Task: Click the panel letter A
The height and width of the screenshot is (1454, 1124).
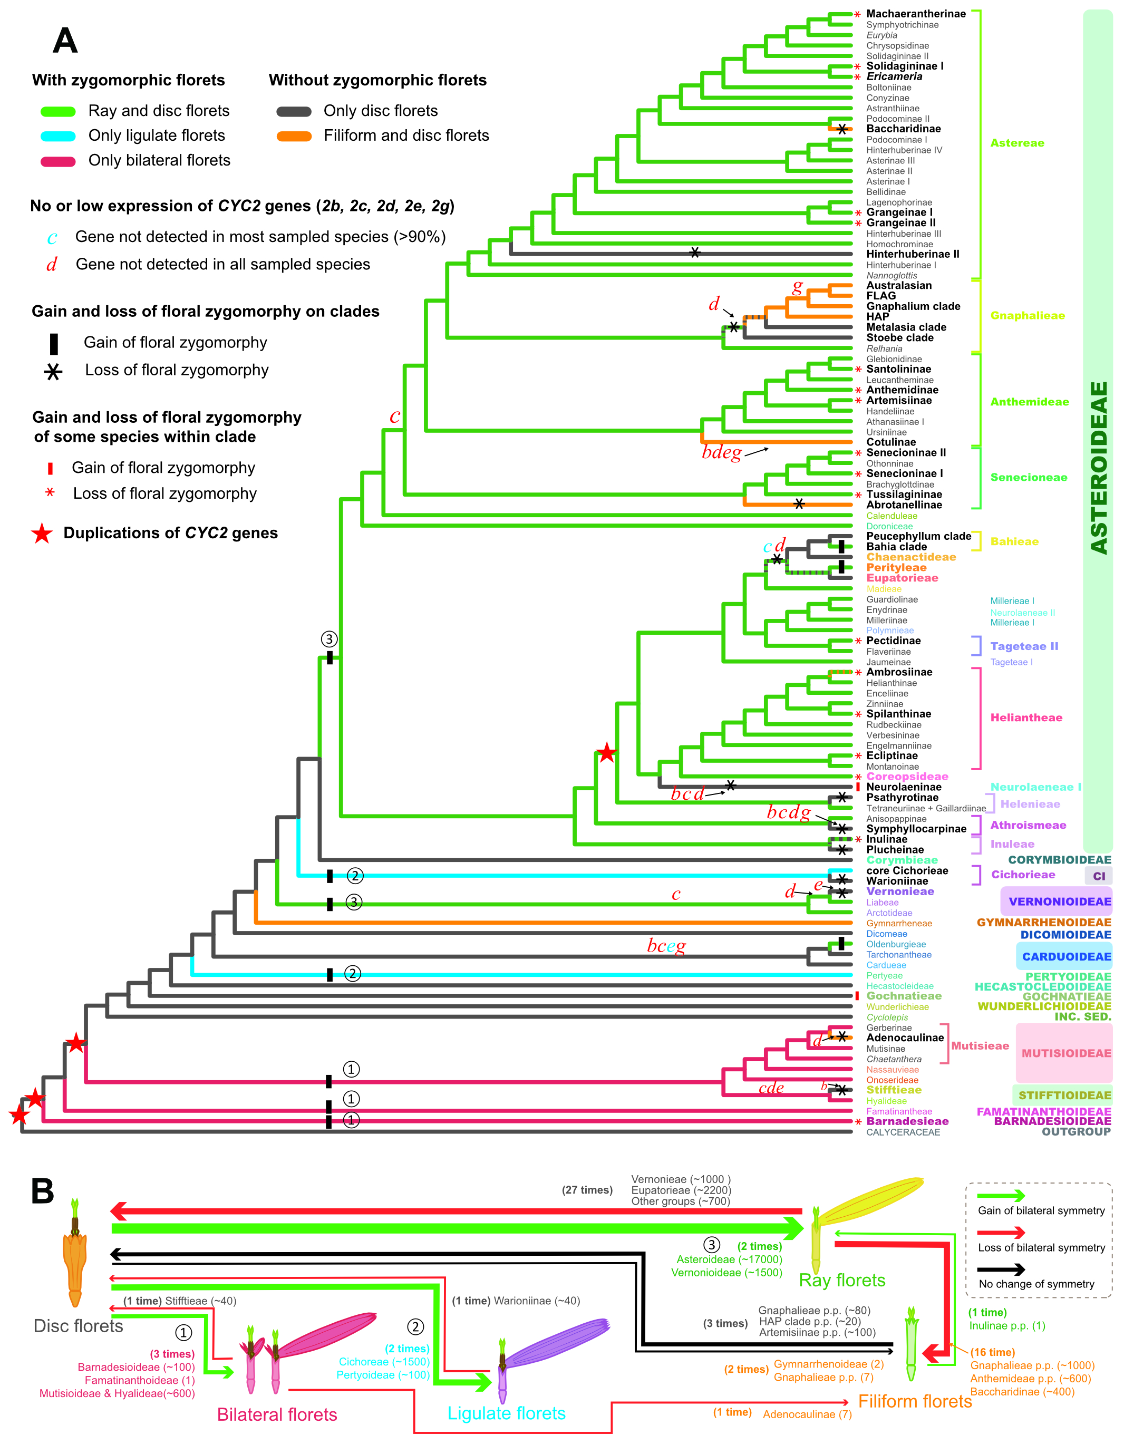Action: tap(65, 41)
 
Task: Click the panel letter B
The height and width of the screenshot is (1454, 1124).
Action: tap(43, 1191)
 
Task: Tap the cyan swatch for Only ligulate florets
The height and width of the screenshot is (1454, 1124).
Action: tap(58, 136)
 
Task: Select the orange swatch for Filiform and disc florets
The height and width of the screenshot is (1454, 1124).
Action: tap(294, 136)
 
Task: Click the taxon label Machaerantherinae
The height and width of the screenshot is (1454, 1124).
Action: tap(916, 14)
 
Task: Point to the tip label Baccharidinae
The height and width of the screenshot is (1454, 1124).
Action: tap(903, 129)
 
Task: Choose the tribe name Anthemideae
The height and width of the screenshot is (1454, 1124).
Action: tap(1029, 402)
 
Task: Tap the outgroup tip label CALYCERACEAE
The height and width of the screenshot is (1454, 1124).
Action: tap(903, 1132)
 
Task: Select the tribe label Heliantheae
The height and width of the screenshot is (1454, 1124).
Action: tap(1026, 718)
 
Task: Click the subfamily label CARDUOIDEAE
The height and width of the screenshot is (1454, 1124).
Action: tap(1066, 957)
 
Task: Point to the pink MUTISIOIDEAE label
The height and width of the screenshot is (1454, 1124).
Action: tap(1066, 1053)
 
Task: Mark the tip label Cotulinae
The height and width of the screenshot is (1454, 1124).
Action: tap(891, 442)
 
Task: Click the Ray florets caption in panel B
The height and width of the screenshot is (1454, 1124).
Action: tap(841, 1280)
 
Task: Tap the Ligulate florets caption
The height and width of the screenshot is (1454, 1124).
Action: tap(506, 1413)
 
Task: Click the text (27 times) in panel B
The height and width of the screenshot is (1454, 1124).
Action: tap(587, 1190)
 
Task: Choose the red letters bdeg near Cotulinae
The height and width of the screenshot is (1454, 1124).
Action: tap(721, 453)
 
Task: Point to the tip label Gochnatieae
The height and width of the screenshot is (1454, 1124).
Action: tap(904, 996)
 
